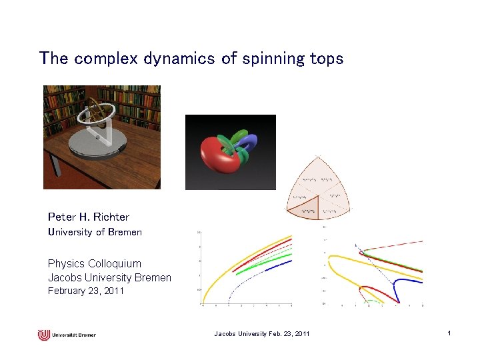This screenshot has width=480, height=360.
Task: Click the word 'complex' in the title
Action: coord(100,59)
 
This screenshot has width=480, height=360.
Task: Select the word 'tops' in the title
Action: coord(327,59)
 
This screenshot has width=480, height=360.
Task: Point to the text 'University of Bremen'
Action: coord(95,232)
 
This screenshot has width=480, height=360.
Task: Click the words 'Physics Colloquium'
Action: coord(95,263)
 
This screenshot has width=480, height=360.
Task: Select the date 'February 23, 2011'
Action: coord(86,291)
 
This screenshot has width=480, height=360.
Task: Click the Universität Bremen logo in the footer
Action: coord(67,334)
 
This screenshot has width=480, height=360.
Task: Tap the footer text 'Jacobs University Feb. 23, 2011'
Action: coord(261,333)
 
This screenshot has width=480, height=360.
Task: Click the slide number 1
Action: coord(450,333)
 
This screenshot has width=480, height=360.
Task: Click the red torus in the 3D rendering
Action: coord(217,160)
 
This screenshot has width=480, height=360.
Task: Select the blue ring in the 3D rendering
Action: coord(251,143)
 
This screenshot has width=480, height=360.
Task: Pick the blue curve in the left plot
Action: coord(267,271)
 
